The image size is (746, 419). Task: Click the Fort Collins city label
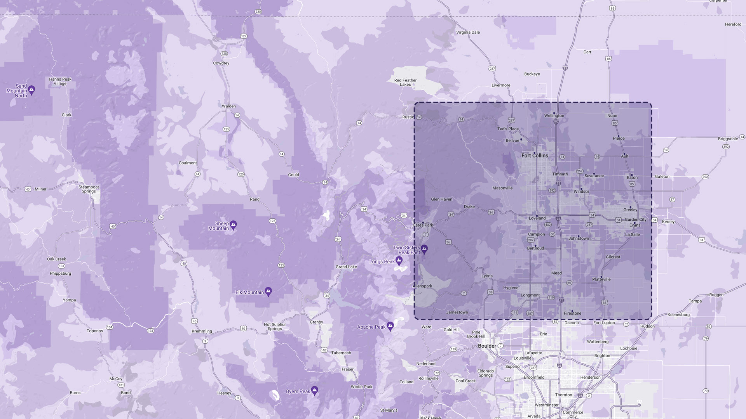[x=535, y=156]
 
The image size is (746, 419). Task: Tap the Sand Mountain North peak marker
[x=31, y=90]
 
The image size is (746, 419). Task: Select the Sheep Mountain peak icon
[x=233, y=225]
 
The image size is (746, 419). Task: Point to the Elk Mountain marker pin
[x=268, y=291]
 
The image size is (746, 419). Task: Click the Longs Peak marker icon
[x=399, y=260]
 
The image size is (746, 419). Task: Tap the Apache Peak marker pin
[x=390, y=326]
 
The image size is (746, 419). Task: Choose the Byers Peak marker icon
[x=315, y=390]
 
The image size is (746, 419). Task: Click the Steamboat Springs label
[x=89, y=189]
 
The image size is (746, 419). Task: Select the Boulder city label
[x=487, y=346]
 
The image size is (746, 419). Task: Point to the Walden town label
[x=229, y=106]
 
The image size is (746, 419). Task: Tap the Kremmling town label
[x=202, y=331]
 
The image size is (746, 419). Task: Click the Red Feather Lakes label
[x=405, y=82]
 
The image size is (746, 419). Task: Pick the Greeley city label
[x=630, y=209]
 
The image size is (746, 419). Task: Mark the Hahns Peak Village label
[x=60, y=81]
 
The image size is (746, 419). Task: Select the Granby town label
[x=316, y=322]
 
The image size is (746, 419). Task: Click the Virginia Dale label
[x=468, y=32]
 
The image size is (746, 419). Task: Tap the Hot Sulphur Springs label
[x=275, y=327]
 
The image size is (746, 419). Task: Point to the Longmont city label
[x=530, y=295]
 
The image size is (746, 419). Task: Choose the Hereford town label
[x=733, y=24]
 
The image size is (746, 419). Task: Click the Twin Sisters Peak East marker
[x=425, y=249]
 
